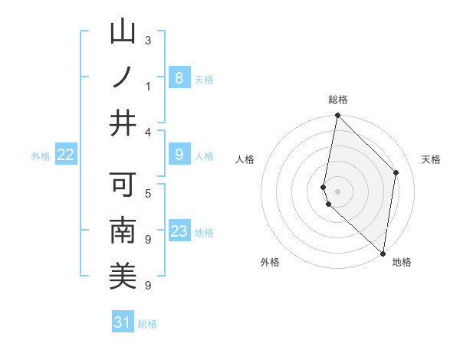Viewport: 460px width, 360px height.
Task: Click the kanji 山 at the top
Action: pos(123,32)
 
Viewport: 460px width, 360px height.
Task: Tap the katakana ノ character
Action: pos(123,77)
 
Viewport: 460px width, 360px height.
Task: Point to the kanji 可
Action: pos(123,185)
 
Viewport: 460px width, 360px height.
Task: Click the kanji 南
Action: pos(123,231)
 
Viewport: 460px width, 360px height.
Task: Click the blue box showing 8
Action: pos(179,78)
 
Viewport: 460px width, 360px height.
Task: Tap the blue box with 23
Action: pos(179,231)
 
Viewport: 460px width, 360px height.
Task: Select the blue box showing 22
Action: pos(66,155)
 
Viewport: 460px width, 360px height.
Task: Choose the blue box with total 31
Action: pos(123,322)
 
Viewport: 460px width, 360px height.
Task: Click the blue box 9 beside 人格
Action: pos(179,155)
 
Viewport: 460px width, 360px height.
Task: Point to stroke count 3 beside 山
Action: pos(148,41)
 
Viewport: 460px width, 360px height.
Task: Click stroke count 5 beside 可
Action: pos(148,193)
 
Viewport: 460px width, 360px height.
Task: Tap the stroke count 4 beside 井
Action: pos(148,132)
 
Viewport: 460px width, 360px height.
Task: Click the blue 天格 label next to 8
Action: pos(204,79)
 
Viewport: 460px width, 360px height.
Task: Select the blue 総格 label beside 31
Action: pos(147,323)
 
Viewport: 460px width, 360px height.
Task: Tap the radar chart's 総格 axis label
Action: pos(337,100)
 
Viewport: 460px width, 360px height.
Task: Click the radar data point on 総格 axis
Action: pos(337,116)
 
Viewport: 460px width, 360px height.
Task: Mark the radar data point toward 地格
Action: pos(383,253)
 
